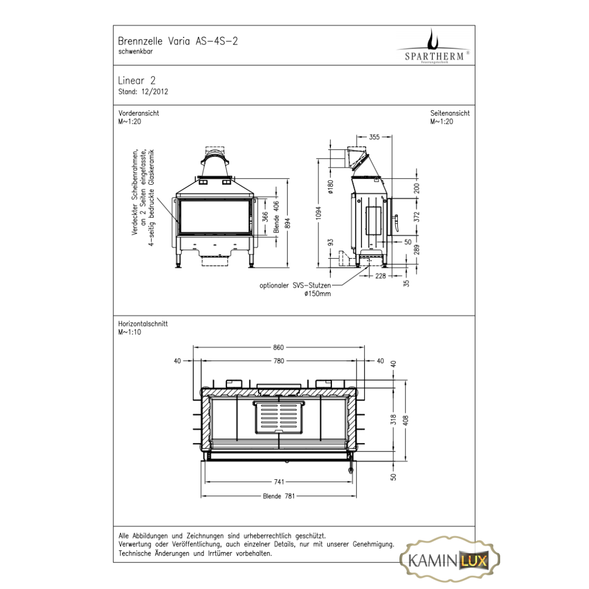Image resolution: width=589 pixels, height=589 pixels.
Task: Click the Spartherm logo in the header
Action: point(433,47)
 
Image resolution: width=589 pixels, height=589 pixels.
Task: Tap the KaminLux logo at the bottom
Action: point(449,560)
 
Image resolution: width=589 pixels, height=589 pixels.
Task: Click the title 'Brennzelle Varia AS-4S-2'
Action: point(178,41)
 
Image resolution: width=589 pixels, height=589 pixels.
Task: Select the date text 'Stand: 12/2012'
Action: point(143,92)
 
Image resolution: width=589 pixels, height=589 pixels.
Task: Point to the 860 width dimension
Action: point(278,348)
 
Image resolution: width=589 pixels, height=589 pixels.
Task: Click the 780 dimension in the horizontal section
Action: point(279,361)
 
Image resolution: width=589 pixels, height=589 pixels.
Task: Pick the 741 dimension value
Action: point(279,481)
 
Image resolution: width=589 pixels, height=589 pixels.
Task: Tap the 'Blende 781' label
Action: point(279,496)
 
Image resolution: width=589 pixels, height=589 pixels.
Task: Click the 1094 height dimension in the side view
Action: point(319,213)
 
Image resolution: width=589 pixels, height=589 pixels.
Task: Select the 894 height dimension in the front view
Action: point(288,223)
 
